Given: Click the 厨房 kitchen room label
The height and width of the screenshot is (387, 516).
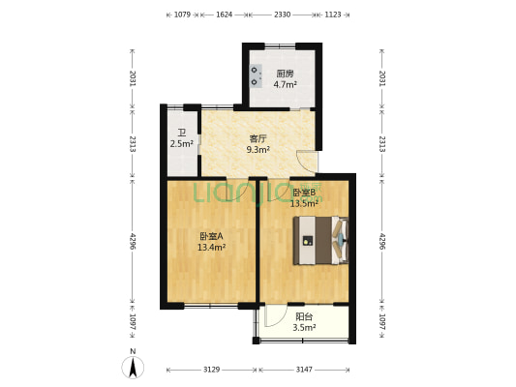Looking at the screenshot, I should click(285, 74).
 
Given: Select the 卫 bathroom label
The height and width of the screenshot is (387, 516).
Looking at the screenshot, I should click(181, 134).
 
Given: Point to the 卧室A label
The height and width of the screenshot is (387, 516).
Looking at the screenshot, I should click(211, 236).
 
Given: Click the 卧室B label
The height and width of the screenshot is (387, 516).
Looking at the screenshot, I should click(304, 193).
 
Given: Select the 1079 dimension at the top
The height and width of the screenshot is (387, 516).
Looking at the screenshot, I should click(182, 15).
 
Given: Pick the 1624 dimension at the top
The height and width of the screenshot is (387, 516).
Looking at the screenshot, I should click(224, 15).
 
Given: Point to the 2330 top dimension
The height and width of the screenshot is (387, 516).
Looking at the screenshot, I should click(282, 15).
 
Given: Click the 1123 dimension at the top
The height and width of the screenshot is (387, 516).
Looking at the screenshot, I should click(332, 15).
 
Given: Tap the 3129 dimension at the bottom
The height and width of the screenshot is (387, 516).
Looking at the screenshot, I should click(211, 370).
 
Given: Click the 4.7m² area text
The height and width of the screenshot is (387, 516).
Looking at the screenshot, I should click(285, 85).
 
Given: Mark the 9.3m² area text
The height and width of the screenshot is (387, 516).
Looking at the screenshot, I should click(257, 150).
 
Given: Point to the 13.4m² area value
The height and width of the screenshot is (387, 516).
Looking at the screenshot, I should click(211, 248).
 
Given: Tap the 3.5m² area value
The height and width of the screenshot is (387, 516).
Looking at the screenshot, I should click(304, 328).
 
